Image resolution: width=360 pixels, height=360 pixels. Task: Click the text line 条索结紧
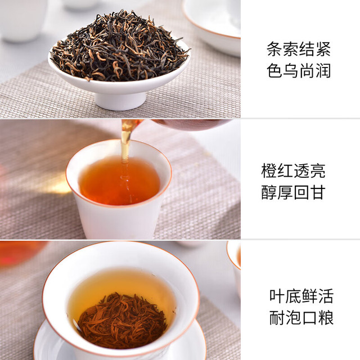coord(299,49)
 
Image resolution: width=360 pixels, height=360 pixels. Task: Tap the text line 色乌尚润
coord(299,70)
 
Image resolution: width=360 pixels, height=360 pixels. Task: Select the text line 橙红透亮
coord(293,171)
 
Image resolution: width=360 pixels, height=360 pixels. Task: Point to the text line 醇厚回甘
coord(293,192)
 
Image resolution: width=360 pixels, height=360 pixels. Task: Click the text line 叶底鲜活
coord(301,296)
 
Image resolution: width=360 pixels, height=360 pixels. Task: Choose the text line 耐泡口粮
coord(301,318)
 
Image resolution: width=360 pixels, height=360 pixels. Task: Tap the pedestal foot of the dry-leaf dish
coord(120,101)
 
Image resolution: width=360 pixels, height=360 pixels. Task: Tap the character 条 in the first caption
coord(274,49)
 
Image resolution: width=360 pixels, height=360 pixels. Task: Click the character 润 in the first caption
coord(323,70)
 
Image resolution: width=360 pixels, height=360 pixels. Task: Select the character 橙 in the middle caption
coord(269,171)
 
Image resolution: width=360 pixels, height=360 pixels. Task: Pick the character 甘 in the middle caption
coord(317,192)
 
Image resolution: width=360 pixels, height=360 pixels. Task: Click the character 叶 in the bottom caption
coord(277,296)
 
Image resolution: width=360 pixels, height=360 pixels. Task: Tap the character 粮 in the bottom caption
coord(326,318)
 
